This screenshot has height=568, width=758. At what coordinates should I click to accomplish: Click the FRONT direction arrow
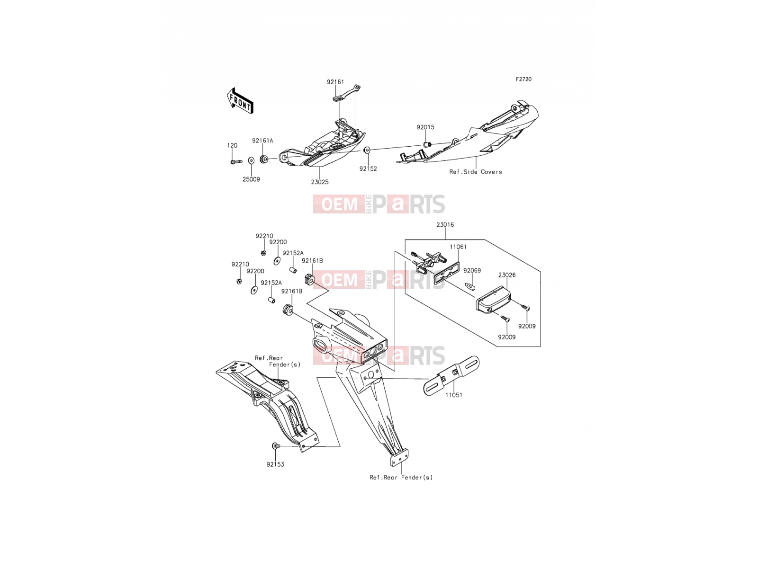point(240,101)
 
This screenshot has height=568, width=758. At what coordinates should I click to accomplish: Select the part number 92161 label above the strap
point(335,82)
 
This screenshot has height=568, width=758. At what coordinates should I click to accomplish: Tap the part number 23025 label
point(319,182)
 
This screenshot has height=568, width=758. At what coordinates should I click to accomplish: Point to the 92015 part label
point(425,127)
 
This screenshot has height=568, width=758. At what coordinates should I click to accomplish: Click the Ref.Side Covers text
point(476,172)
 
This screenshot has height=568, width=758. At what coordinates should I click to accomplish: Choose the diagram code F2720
point(523,80)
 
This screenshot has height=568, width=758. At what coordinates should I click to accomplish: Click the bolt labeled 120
point(236,161)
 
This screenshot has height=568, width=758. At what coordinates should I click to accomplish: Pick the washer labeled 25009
point(252,160)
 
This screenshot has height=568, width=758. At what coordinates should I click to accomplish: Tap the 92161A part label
point(262,141)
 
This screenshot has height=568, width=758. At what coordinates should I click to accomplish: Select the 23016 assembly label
point(445,224)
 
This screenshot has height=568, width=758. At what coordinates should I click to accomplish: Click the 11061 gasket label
point(458,247)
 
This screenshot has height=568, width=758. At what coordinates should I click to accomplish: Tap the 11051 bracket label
point(453,395)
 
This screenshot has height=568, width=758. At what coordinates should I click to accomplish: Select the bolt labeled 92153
point(275,446)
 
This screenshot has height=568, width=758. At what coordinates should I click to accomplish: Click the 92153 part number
point(275,464)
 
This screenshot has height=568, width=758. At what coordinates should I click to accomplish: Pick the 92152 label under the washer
point(368,169)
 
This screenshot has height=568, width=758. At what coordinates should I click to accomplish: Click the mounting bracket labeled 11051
point(451,375)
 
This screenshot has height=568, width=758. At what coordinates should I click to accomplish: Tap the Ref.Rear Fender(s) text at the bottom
point(401,477)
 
